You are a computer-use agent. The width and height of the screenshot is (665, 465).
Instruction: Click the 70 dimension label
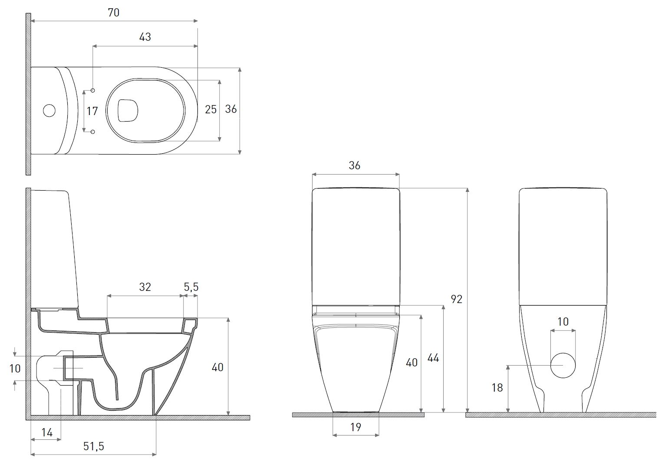click(x=114, y=13)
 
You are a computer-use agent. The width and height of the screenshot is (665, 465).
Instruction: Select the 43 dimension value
click(x=145, y=37)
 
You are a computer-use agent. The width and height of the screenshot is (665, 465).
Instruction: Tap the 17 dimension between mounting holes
click(x=92, y=111)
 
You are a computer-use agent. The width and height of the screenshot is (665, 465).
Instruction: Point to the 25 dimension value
click(x=211, y=109)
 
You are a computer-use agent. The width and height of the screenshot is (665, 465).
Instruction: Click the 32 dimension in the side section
click(x=145, y=287)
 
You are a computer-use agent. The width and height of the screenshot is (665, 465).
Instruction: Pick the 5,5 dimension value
click(x=191, y=287)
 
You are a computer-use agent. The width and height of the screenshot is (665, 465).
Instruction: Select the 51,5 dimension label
click(x=93, y=446)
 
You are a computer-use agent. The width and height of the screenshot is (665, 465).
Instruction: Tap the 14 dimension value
click(x=47, y=432)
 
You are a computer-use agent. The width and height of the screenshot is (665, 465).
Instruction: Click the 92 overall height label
click(x=456, y=299)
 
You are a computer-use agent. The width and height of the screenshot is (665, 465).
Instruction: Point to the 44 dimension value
click(x=433, y=358)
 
